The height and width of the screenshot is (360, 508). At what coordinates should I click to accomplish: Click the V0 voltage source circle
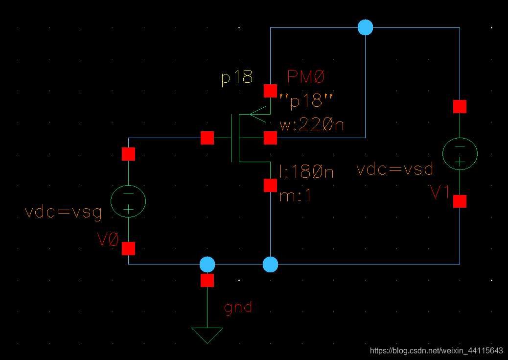pos(128,201)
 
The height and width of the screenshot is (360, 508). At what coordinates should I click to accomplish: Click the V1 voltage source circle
pos(460,153)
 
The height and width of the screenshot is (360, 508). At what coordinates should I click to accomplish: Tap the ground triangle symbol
pos(207,335)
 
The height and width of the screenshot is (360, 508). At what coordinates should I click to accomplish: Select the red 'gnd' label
pos(238,307)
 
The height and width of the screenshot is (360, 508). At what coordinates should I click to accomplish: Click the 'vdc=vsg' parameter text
pos(63,212)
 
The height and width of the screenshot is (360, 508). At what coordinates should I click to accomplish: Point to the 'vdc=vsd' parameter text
pos(395,169)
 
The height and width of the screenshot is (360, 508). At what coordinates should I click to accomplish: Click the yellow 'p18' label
pos(237,77)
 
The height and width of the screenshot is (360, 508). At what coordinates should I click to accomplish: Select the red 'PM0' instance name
pos(306,77)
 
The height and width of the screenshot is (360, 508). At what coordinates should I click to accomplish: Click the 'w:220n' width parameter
pos(312,125)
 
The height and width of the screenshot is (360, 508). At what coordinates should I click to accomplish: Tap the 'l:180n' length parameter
pos(306,172)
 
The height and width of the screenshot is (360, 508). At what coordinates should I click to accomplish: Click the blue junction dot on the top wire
pos(365,27)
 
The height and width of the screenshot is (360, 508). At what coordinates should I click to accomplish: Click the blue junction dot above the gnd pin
pos(207,264)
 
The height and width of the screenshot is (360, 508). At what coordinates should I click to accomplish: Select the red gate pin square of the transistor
pos(207,138)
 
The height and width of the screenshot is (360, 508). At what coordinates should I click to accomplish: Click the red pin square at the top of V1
pos(460,106)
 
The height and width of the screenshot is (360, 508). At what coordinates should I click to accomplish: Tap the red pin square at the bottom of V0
pos(128,248)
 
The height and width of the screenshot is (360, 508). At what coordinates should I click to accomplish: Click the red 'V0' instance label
pos(108,240)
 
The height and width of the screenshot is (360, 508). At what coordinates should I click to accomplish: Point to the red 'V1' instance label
pos(440,193)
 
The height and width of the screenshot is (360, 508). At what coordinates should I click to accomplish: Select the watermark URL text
pos(437,351)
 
